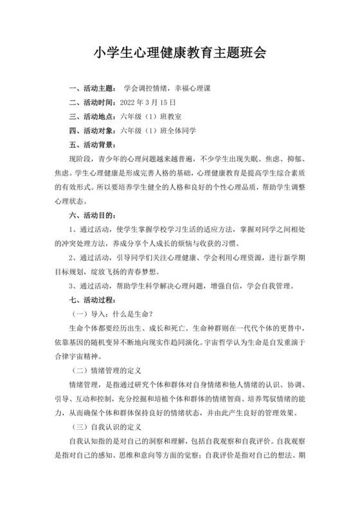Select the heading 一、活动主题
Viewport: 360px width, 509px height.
[x=92, y=88]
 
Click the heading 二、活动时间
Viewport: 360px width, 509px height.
[x=92, y=102]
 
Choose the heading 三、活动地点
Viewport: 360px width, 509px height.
[x=92, y=116]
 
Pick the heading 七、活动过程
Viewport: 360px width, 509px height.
[x=92, y=300]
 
